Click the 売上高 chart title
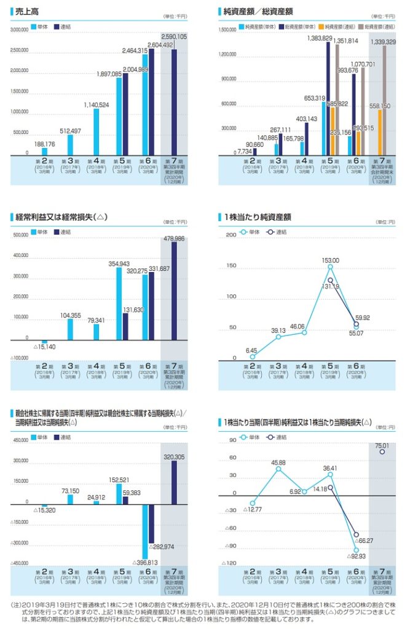pos(26,11)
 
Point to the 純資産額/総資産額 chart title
pos(258,11)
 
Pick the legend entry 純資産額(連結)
pos(319,27)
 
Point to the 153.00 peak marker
pos(331,267)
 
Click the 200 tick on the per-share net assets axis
pos(231,235)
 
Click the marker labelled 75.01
pos(382,452)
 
